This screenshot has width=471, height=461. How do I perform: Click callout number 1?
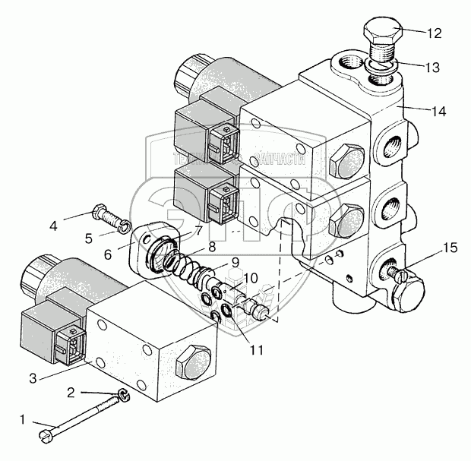[x=23, y=418]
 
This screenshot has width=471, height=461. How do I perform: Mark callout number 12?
[x=433, y=33]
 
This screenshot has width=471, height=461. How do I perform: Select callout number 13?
[x=433, y=68]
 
